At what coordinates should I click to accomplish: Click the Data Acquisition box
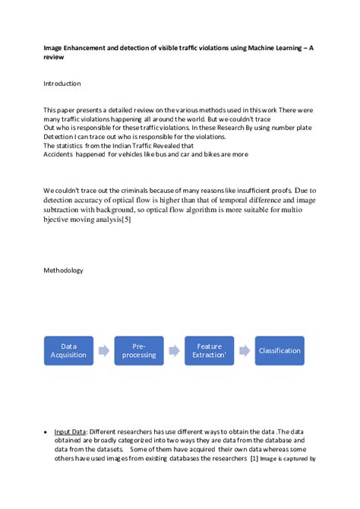coord(68,350)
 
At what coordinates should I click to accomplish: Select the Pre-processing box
coord(139,350)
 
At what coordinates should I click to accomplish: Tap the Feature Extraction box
coord(209,350)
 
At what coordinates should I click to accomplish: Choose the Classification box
coord(279,350)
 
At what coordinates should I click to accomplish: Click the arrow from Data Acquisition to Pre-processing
coord(103,351)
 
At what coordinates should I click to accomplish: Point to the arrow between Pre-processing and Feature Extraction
coord(174,351)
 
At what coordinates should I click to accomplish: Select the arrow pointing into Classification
coord(244,351)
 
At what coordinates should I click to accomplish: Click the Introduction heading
coord(62,84)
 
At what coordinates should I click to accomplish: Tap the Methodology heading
coord(63,270)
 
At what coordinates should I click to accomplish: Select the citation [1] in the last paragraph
coord(255,459)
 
